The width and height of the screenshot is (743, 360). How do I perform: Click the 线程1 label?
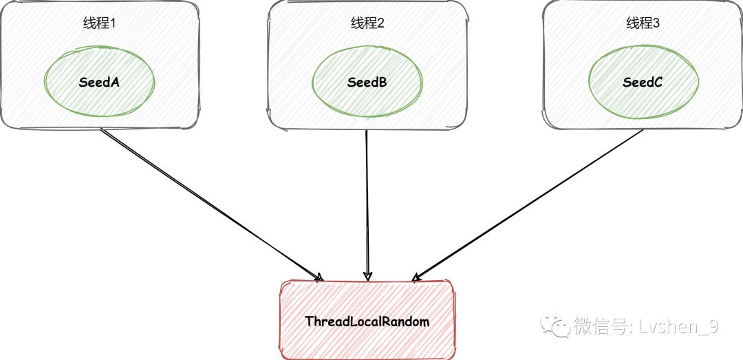100,23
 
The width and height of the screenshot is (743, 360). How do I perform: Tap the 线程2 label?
367,23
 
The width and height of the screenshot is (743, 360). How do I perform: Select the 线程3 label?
643,23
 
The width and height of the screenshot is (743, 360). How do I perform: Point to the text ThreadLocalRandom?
367,321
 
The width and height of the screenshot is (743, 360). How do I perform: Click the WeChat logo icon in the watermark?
555,325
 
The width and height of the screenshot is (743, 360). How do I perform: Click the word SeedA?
100,83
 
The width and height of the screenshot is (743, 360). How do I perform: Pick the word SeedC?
643,83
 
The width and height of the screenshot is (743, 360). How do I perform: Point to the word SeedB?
367,83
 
